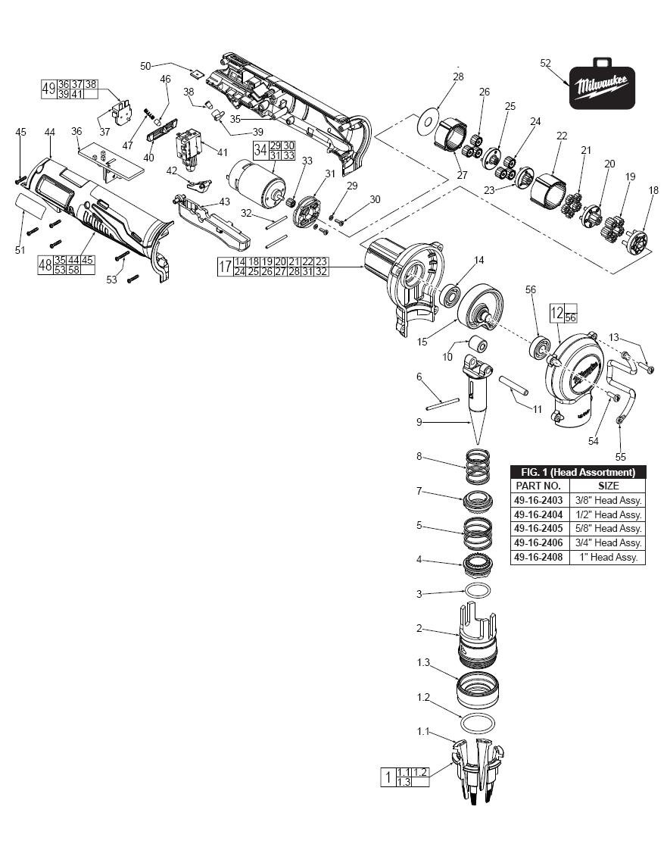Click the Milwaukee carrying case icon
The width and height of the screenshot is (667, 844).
point(603,86)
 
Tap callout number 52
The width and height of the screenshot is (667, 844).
point(546,64)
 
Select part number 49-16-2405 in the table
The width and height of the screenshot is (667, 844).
point(538,528)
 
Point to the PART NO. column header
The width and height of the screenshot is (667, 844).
point(538,486)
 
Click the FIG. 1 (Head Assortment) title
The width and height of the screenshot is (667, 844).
point(578,472)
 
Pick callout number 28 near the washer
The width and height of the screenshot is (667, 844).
point(458,77)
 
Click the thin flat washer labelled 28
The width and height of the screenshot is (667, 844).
point(429,121)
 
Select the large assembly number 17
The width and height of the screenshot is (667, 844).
point(225,267)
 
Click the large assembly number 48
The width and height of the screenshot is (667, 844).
point(45,265)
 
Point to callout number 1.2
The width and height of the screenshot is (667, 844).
point(423,697)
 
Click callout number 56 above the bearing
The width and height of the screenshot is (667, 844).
point(531,289)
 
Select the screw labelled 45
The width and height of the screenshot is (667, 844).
point(20,180)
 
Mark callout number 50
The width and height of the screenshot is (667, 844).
point(145,66)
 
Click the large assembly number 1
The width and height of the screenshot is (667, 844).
point(388,777)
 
